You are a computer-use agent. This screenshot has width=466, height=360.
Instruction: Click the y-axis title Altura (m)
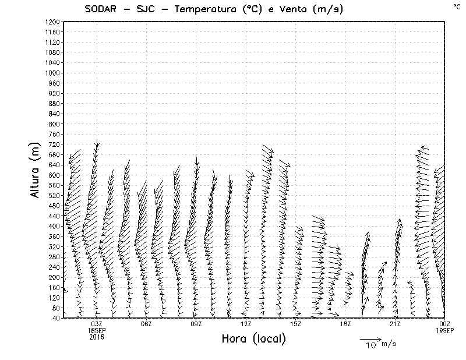click(36, 170)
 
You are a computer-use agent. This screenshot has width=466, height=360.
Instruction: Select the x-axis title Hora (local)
click(254, 339)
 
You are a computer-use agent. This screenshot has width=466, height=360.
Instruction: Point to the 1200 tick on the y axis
click(53, 22)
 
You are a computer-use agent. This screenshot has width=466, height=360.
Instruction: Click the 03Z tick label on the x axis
click(97, 324)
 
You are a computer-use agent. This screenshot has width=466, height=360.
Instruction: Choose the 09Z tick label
click(196, 324)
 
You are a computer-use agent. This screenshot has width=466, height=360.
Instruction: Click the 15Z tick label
click(296, 324)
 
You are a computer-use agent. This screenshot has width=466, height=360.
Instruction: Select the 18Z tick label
click(345, 324)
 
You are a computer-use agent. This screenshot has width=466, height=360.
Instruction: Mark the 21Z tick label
click(396, 324)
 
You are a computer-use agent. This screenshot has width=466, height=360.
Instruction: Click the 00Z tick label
click(445, 324)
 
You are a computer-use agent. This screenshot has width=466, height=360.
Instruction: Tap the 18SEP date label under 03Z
click(97, 330)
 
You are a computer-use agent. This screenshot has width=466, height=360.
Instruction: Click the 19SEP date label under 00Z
click(445, 330)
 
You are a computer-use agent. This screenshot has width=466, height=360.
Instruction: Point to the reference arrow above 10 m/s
click(370, 338)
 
